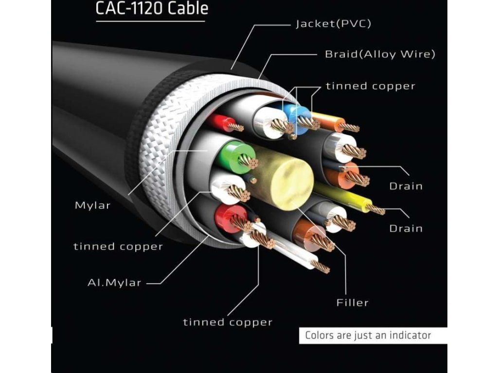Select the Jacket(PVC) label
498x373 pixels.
pos(333,24)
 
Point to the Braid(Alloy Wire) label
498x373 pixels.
pos(380,54)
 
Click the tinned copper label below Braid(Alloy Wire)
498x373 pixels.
pos(370,86)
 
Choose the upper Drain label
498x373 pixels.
pos(406,186)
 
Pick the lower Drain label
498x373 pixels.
pos(406,228)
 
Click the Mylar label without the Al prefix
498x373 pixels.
pos(92,205)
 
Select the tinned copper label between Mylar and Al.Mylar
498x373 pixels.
pos(118,246)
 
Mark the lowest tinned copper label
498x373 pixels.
pos(228,322)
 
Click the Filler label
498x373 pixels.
pos(353,303)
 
